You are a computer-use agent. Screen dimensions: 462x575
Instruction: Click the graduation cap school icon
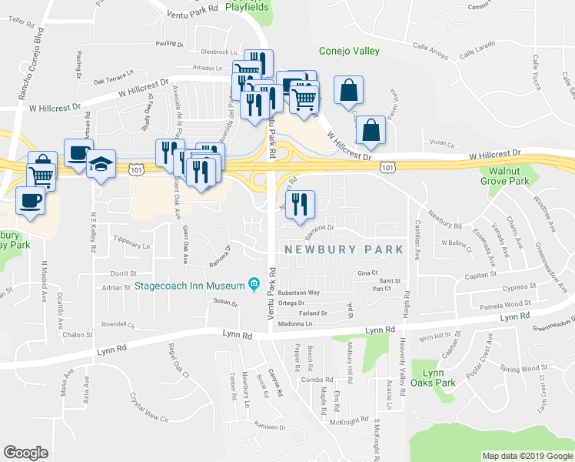pos(101,164)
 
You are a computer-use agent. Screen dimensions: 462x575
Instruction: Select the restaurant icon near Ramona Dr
pos(300,204)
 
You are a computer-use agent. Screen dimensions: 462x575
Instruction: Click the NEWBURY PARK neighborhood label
pos(344,249)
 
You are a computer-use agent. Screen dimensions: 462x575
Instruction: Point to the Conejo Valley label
pos(350,52)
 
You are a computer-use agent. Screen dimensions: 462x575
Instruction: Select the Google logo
pos(25,452)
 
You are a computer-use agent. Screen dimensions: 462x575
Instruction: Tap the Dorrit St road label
pos(123,273)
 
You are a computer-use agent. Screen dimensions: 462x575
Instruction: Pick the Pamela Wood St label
pos(506,305)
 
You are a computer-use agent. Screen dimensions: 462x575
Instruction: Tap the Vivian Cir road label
pos(443,142)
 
